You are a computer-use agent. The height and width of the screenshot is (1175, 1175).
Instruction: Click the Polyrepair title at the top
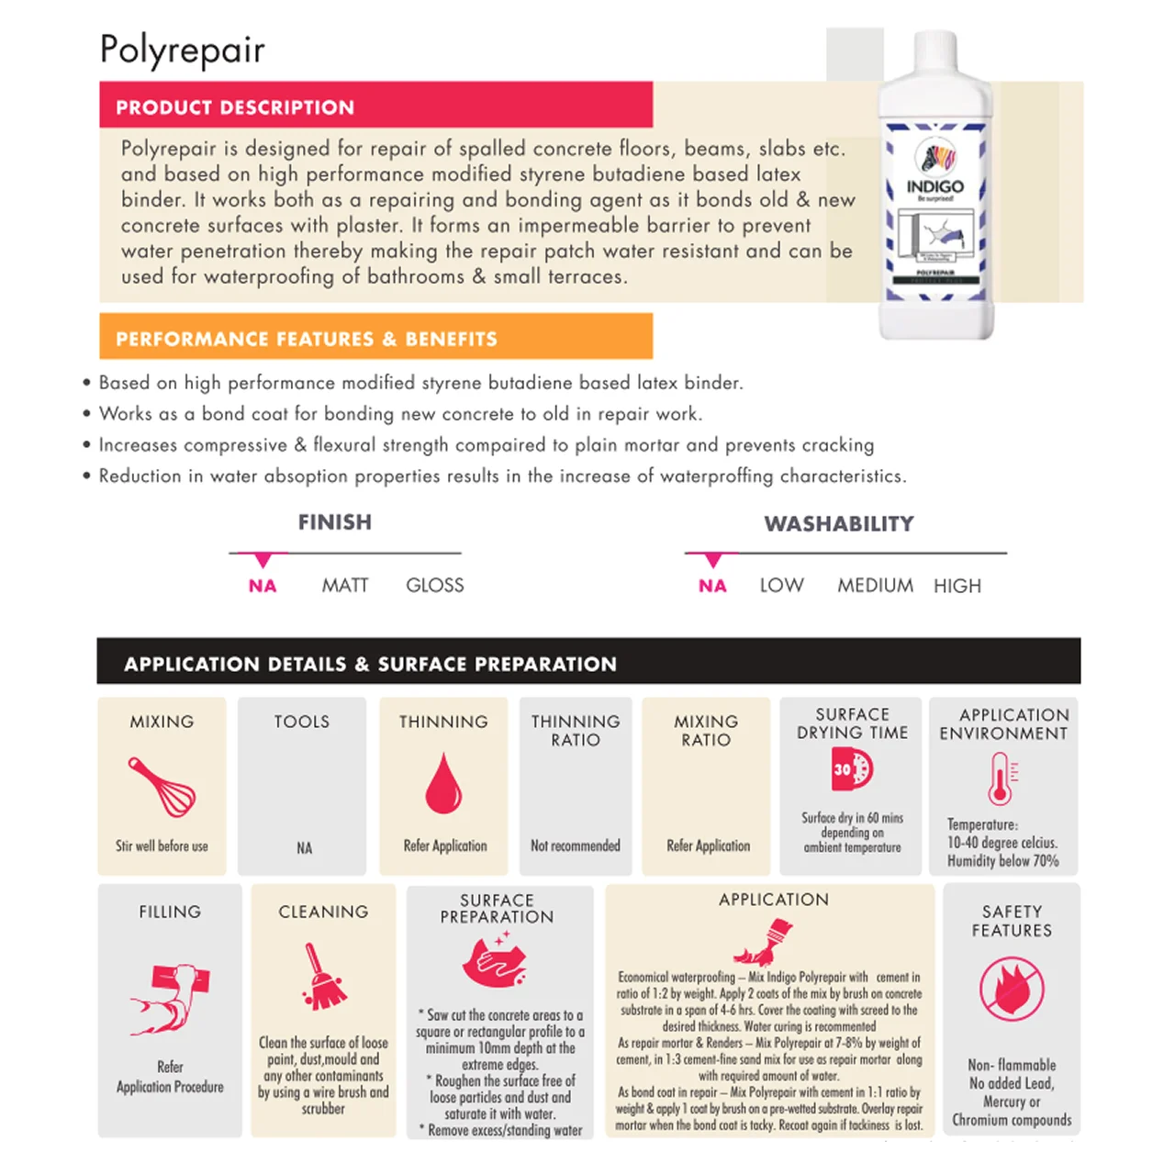[182, 50]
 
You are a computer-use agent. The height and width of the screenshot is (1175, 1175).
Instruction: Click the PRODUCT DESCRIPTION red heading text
[235, 107]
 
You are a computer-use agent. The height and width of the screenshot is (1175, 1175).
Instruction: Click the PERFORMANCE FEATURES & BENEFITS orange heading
[306, 339]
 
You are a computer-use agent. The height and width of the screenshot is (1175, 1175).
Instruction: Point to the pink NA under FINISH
[263, 586]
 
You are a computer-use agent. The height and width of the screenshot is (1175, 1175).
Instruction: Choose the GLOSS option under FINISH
[434, 586]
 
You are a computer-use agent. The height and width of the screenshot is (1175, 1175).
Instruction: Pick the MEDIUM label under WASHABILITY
[875, 586]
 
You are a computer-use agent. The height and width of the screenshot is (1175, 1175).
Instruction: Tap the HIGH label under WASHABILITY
[957, 586]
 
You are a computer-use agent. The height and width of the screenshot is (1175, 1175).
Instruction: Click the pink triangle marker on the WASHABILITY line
[712, 560]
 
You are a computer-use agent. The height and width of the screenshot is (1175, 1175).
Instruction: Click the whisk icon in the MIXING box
[162, 787]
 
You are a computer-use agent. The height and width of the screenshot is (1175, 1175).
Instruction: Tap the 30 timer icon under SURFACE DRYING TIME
[852, 769]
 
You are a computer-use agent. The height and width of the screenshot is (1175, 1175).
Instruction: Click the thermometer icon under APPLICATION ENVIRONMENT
[1001, 778]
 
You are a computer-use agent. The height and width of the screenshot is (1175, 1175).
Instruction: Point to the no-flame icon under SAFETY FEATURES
[1012, 989]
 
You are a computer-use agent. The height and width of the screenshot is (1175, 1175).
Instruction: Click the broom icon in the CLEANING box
[322, 977]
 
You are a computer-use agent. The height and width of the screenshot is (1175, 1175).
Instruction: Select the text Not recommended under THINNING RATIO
[576, 845]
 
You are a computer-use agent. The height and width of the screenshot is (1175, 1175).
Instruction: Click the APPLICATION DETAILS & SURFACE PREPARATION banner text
[370, 664]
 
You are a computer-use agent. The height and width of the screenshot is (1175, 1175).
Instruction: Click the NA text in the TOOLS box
[304, 848]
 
